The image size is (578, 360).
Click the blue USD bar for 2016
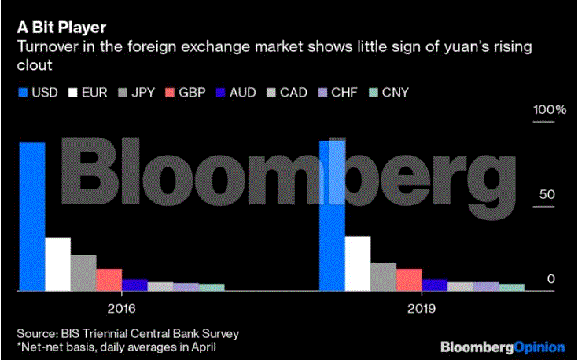click(x=32, y=216)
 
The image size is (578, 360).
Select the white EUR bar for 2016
click(x=57, y=264)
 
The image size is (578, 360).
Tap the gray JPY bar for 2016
click(x=83, y=273)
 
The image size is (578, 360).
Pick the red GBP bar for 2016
click(x=109, y=280)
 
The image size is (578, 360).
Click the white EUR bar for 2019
click(x=358, y=263)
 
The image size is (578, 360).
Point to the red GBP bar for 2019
click(x=409, y=280)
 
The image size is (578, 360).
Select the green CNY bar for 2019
click(x=511, y=287)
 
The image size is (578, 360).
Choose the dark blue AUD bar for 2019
click(x=434, y=285)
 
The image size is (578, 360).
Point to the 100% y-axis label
click(x=550, y=110)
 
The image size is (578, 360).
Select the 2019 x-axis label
click(x=423, y=310)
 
